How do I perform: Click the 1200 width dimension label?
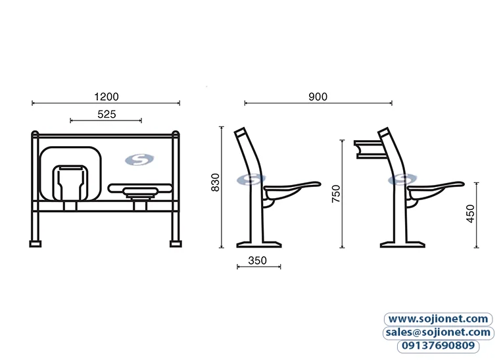[x=106, y=96]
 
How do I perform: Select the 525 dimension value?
[x=106, y=114]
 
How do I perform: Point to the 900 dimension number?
[x=318, y=96]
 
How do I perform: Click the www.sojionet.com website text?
[x=438, y=319]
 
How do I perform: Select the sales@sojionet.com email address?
[x=438, y=332]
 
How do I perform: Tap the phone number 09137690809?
[x=438, y=346]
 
